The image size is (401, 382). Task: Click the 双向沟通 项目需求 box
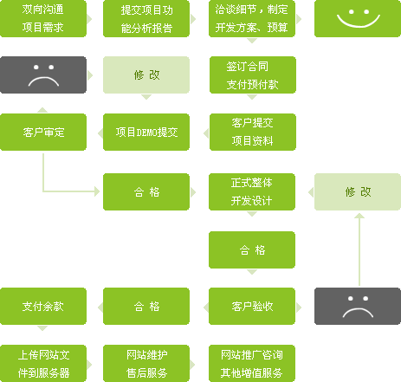pos(43,18)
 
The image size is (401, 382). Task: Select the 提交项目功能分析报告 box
pos(146,18)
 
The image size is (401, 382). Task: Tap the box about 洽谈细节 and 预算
pos(252,18)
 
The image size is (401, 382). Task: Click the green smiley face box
pos(358,18)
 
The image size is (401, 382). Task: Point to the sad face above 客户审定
pos(43,74)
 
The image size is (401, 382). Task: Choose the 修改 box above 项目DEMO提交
pos(146,74)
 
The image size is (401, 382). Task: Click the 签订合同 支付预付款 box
pos(253,74)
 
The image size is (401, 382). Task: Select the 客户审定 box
pos(43,132)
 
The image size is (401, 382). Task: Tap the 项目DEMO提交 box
pos(146,132)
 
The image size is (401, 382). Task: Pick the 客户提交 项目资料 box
pos(253,132)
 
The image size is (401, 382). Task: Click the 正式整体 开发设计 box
pos(252,191)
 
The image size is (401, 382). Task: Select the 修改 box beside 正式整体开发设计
pos(358,191)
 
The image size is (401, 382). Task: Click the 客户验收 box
pos(252,306)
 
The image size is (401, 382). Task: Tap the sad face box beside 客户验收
pos(358,306)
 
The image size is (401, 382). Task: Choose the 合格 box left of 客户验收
pos(146,306)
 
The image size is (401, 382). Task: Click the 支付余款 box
pos(43,306)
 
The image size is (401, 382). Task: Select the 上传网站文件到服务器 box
pos(43,363)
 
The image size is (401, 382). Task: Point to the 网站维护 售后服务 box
pos(146,363)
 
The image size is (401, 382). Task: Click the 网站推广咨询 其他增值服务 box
pos(252,363)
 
